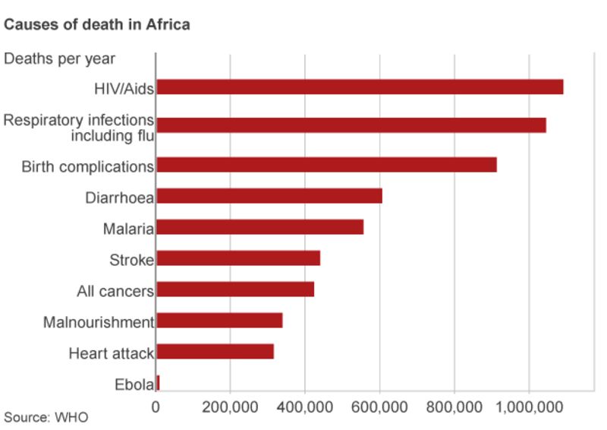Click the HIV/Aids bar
359,87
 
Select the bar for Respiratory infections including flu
351,125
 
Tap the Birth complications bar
326,165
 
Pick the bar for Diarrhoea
269,196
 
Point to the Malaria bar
259,227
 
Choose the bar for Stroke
237,258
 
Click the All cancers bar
234,289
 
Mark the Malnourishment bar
219,321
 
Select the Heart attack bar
215,352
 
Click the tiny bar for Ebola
158,383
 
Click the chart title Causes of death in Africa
97,25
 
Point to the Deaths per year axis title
60,58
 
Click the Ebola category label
134,384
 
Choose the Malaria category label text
128,229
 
